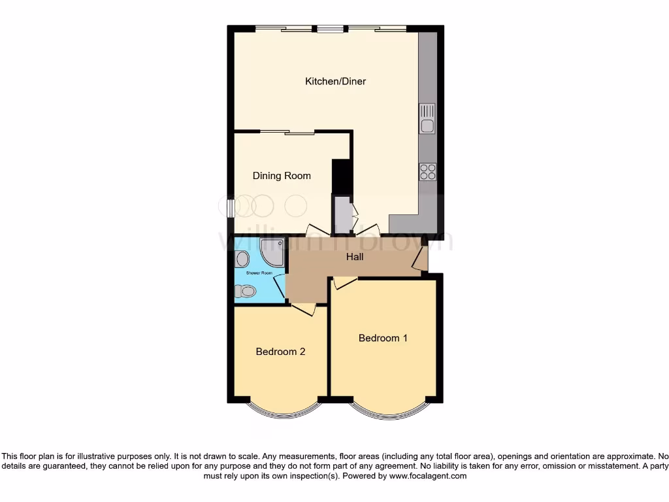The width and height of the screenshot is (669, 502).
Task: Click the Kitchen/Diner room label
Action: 336,82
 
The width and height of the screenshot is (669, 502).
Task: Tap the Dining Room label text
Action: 282,176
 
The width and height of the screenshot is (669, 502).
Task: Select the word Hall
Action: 355,257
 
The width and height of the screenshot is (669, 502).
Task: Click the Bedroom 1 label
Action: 383,338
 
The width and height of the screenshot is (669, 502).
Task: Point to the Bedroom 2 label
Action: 280,352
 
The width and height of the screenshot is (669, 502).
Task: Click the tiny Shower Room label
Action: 257,273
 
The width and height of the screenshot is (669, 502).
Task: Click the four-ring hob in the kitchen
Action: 427,171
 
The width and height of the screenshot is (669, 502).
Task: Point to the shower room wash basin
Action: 241,258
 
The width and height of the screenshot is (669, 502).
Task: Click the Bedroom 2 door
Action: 303,309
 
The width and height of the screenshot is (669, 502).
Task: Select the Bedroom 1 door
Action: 346,282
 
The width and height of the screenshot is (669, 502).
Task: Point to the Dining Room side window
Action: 231,207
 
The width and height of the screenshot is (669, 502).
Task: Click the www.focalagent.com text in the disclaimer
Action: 428,477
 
